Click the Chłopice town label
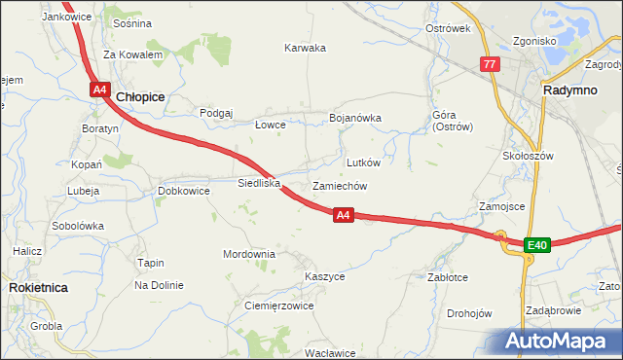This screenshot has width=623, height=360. click(140, 97)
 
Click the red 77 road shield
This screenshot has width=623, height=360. click(489, 64)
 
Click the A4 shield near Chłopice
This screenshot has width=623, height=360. click(99, 90)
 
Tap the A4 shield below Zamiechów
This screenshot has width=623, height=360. click(342, 215)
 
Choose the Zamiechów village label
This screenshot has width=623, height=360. click(339, 185)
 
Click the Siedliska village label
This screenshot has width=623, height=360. click(259, 182)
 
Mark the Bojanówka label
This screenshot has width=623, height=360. click(355, 118)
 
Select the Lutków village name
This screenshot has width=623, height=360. click(363, 162)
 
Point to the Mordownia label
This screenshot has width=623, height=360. click(249, 254)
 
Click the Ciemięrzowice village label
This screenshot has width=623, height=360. click(278, 306)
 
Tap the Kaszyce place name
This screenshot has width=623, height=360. click(324, 276)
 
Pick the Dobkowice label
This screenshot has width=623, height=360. click(184, 191)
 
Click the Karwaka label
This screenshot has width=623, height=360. click(305, 48)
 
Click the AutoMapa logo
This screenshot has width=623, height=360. click(558, 341)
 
